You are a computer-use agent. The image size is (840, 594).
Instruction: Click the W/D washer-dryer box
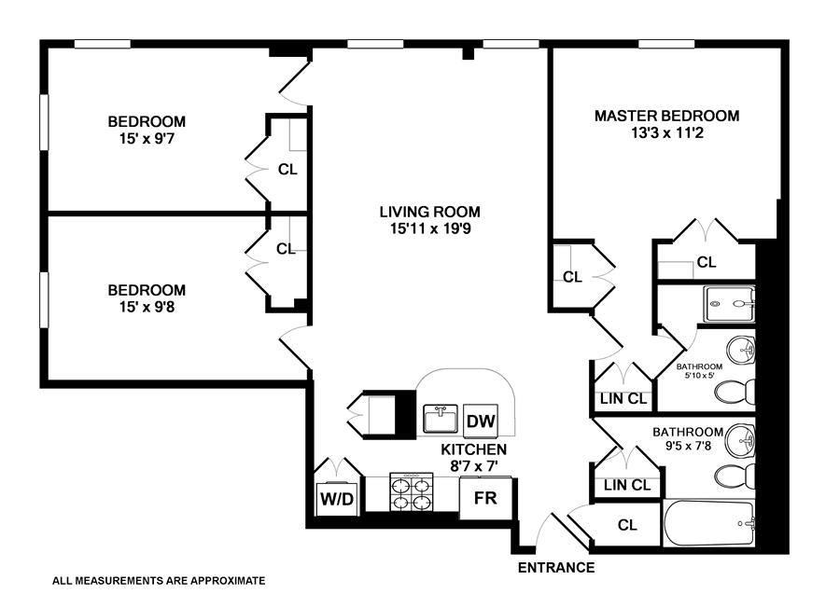coord(337,499)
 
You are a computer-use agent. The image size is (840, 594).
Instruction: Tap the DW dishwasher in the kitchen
coord(481,421)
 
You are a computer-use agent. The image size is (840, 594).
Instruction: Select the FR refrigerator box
coord(485,498)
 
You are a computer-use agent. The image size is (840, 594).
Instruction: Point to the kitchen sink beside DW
coord(440,419)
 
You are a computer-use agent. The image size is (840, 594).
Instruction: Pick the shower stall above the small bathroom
coord(729,301)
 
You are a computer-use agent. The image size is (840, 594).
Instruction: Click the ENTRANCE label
coord(556,567)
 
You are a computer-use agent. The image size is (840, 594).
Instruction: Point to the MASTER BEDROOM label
coord(666,116)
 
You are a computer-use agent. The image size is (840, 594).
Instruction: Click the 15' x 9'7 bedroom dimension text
coord(147,138)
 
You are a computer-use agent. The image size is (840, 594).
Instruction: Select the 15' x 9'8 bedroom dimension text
coord(147,307)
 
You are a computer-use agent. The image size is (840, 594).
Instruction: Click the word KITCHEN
coord(473,449)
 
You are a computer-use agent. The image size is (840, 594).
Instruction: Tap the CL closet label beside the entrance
coord(627,526)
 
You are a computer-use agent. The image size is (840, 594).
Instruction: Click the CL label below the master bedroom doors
coord(707,263)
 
